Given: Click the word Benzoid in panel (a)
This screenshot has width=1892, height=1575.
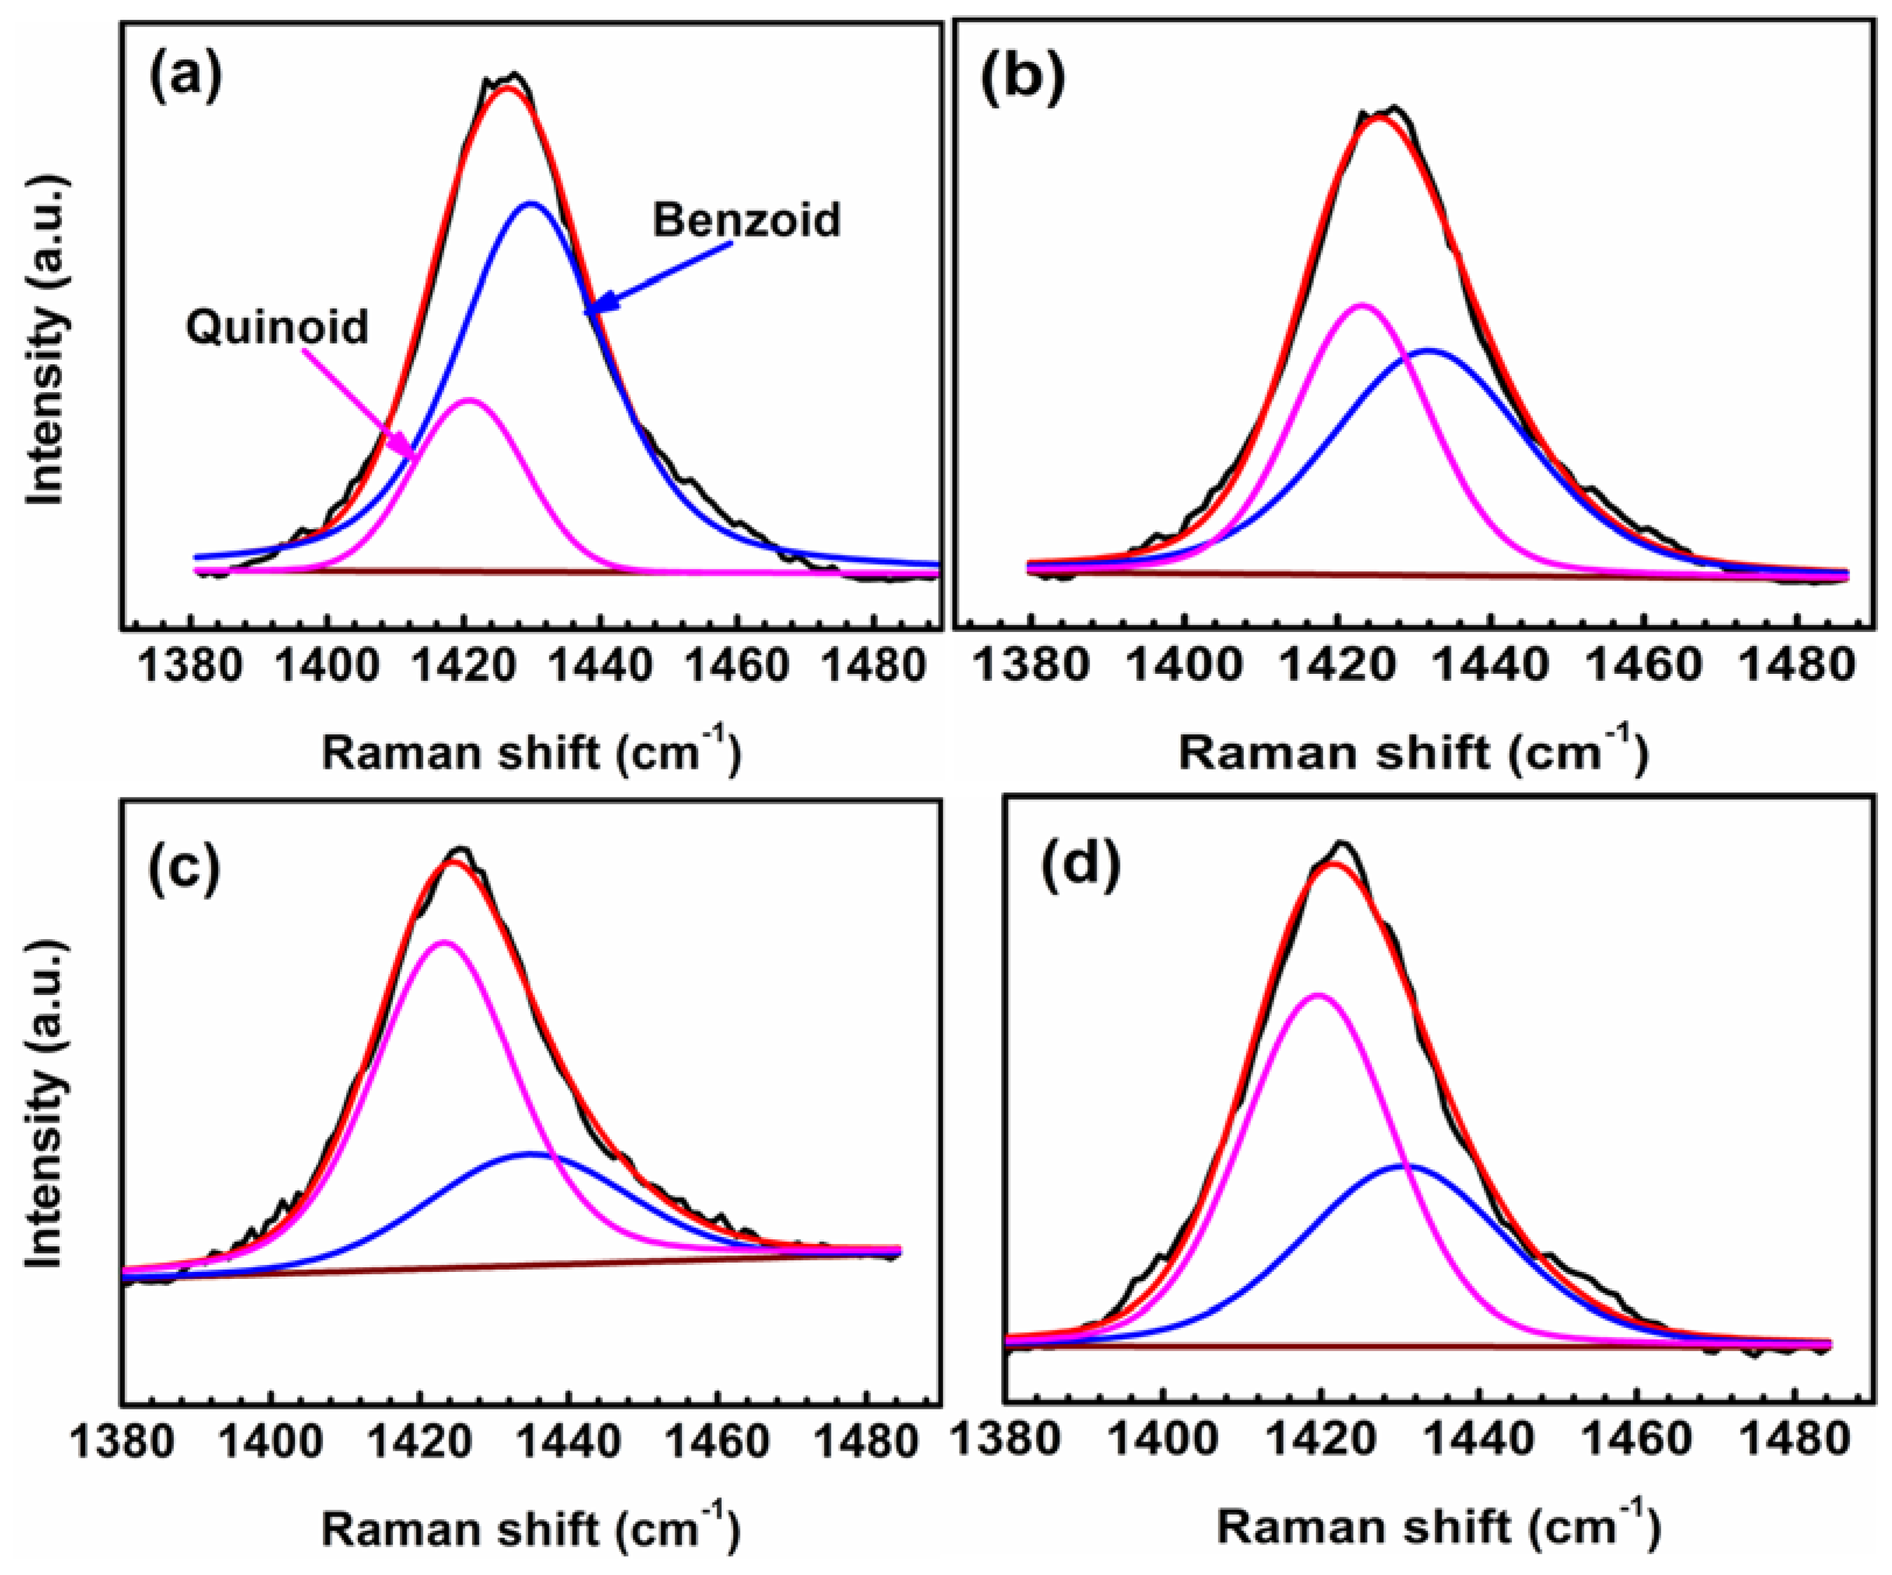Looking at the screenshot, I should point(746,220).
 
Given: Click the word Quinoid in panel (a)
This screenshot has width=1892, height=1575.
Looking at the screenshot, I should point(277,327).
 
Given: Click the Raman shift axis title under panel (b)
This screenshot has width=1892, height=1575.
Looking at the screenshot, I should point(1412,751).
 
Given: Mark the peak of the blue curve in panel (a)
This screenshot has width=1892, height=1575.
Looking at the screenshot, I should point(531,203).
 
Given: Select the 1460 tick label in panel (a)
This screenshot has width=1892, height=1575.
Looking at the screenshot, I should point(736,667).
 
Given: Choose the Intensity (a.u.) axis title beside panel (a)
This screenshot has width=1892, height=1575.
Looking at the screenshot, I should point(45,340).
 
